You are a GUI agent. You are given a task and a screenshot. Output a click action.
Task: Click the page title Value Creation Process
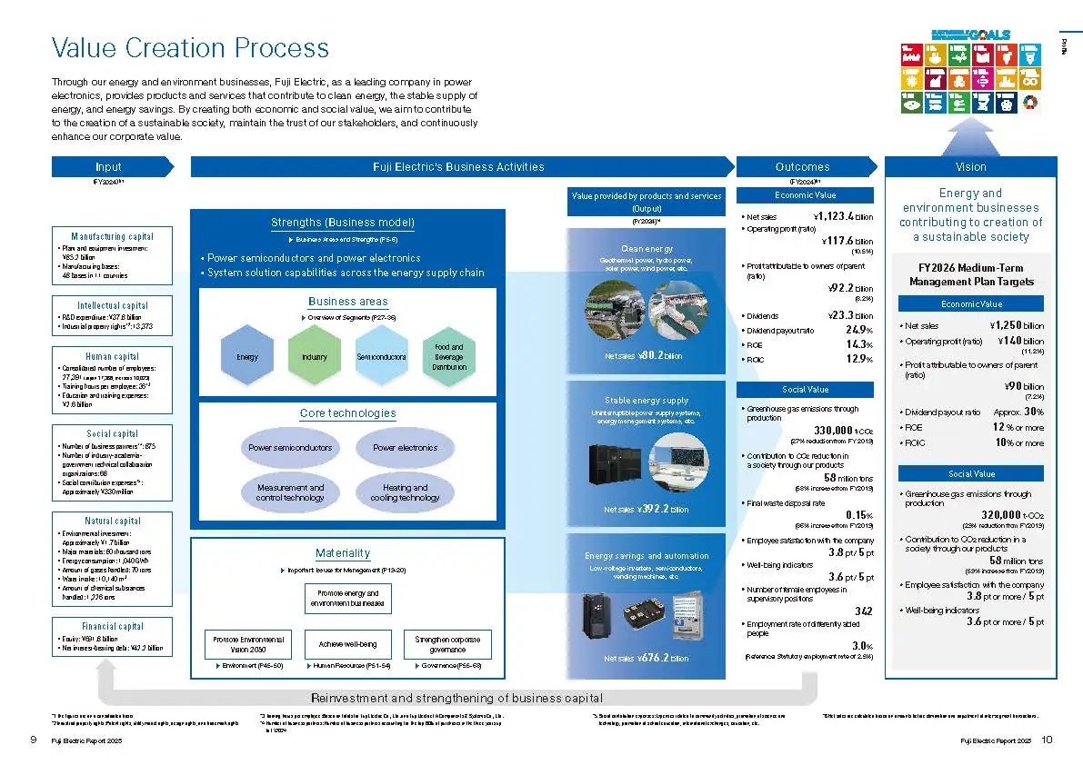click(x=190, y=47)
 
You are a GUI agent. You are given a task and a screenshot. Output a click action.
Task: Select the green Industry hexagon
click(x=314, y=357)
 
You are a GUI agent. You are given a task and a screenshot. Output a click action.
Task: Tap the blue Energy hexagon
click(x=247, y=357)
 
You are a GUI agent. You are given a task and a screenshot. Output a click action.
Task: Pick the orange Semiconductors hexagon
click(x=381, y=357)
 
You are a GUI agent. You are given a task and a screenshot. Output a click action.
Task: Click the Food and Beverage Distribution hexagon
click(x=448, y=357)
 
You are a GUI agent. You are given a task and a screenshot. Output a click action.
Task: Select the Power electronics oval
click(x=405, y=448)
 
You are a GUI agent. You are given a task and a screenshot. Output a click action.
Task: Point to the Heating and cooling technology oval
click(x=405, y=492)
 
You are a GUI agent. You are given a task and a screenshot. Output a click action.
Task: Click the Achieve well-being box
click(x=347, y=644)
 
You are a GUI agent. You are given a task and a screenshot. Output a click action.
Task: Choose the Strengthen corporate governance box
click(x=446, y=644)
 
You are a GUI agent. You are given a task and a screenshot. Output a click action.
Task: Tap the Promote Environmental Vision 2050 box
click(x=248, y=644)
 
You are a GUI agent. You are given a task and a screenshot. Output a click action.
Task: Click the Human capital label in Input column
click(x=112, y=356)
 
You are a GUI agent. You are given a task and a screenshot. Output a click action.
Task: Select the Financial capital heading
click(x=112, y=626)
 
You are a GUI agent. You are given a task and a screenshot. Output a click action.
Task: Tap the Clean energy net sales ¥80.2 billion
click(x=647, y=356)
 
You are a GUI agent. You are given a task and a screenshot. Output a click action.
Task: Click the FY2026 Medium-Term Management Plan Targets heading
click(x=971, y=274)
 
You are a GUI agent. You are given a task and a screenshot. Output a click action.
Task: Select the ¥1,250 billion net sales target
click(x=1016, y=325)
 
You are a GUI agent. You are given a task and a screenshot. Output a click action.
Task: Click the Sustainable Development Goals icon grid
click(x=970, y=78)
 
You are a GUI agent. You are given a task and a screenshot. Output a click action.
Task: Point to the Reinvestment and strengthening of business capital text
click(x=456, y=698)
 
